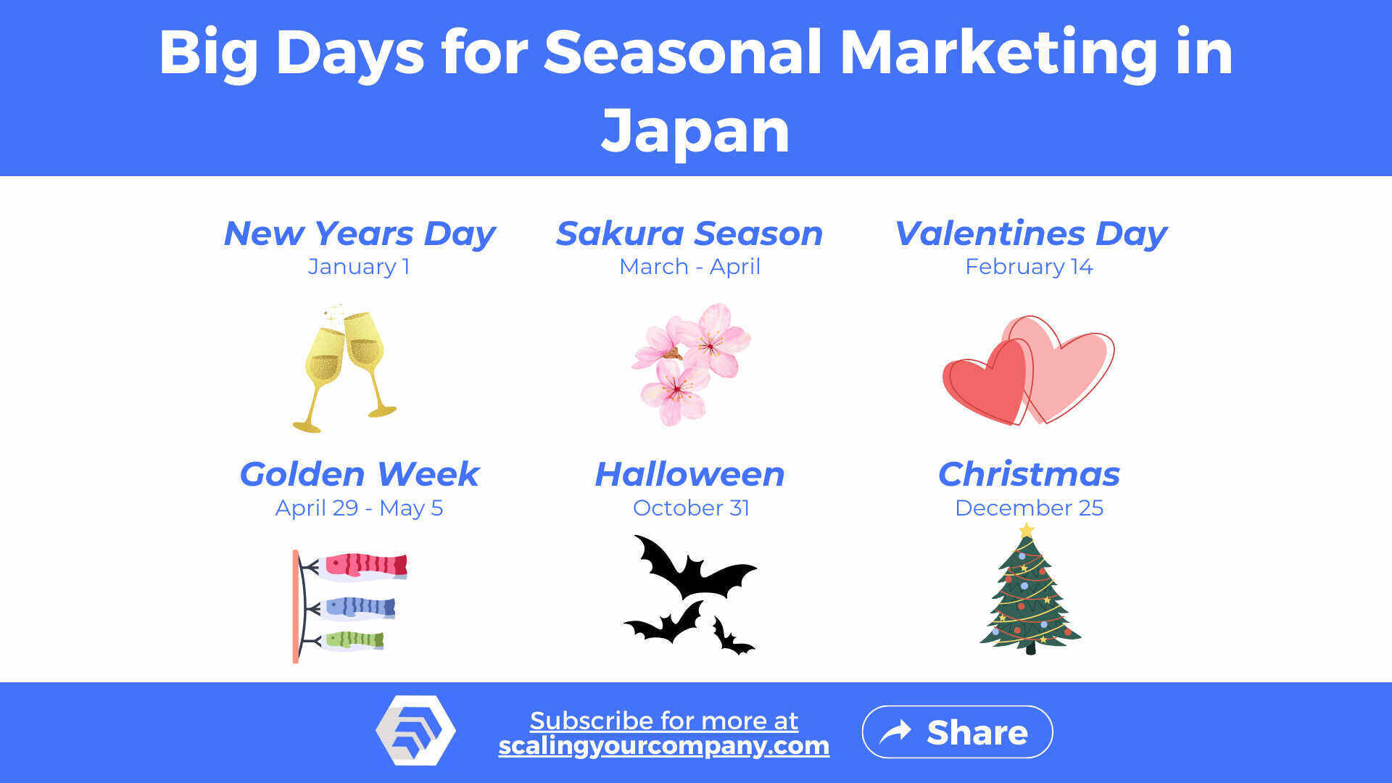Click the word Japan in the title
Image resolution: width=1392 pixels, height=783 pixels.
(695, 130)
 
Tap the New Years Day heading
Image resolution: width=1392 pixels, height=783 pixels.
(360, 233)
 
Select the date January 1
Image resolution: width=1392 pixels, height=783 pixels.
(359, 267)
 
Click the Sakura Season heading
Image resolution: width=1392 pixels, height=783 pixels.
(689, 233)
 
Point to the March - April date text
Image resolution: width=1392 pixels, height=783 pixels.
(689, 267)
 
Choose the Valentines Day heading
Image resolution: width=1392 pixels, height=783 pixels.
(1030, 233)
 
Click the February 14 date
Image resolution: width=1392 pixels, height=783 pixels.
(1029, 267)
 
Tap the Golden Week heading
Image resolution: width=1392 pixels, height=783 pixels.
(359, 474)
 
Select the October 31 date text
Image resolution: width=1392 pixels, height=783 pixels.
(691, 507)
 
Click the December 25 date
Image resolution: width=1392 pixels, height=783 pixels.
(1029, 507)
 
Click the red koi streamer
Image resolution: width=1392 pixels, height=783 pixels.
(365, 565)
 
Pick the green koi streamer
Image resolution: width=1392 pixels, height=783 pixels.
(354, 640)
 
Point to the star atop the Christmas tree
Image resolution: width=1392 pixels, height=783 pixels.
(1027, 531)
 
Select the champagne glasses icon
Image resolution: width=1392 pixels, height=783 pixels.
(345, 368)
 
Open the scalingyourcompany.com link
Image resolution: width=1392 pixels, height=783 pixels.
(663, 745)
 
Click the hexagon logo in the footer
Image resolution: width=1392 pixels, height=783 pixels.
(415, 730)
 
